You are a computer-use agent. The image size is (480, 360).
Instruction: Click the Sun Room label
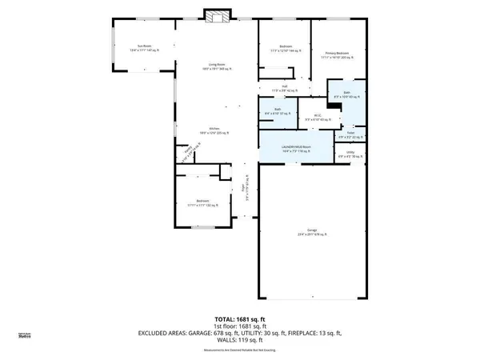145,49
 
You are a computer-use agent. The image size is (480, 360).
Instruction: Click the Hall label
284,88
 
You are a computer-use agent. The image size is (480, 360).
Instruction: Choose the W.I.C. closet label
318,114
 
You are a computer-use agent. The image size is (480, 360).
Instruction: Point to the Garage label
306,232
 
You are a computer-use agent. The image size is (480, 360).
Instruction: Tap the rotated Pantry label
186,151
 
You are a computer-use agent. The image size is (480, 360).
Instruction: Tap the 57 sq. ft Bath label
277,112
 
